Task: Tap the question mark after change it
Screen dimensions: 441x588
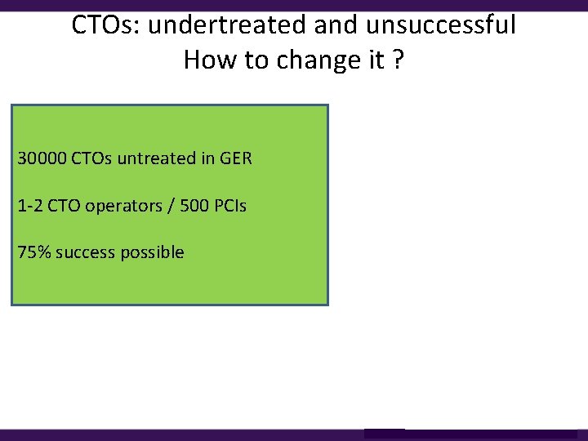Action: [x=397, y=60]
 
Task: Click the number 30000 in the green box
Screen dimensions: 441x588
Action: [x=42, y=158]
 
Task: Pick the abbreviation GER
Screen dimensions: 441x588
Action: [x=235, y=158]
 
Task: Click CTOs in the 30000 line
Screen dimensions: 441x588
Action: [x=91, y=158]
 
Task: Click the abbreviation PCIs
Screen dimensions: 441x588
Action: [x=230, y=205]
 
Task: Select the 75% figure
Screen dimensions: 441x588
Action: [x=33, y=252]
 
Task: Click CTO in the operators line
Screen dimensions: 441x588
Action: [x=64, y=205]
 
